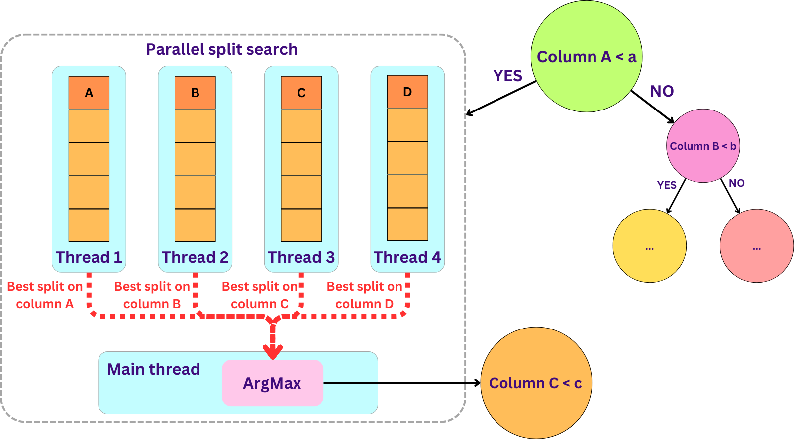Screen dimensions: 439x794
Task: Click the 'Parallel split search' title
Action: (221, 49)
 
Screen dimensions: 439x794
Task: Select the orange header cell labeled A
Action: (89, 93)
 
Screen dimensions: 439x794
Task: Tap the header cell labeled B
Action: (195, 93)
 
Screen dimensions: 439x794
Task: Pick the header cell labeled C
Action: (301, 93)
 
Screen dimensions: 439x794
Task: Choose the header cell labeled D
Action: (407, 92)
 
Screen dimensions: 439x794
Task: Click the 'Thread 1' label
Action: (89, 257)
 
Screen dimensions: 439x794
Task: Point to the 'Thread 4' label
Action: (407, 257)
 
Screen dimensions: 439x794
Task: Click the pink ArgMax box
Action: (273, 383)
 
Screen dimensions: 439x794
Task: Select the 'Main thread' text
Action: (154, 369)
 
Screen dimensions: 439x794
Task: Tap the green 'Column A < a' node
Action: (587, 57)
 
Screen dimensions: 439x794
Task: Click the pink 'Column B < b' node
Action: (703, 146)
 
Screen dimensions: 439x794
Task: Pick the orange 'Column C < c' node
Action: (536, 383)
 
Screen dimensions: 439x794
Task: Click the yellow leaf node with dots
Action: (650, 246)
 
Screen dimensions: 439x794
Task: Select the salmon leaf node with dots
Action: (757, 246)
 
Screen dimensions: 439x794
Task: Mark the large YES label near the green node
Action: (507, 76)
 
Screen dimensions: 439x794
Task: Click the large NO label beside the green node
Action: (662, 91)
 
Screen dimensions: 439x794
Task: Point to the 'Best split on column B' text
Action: (152, 295)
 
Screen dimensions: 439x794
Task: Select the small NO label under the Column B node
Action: (737, 183)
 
